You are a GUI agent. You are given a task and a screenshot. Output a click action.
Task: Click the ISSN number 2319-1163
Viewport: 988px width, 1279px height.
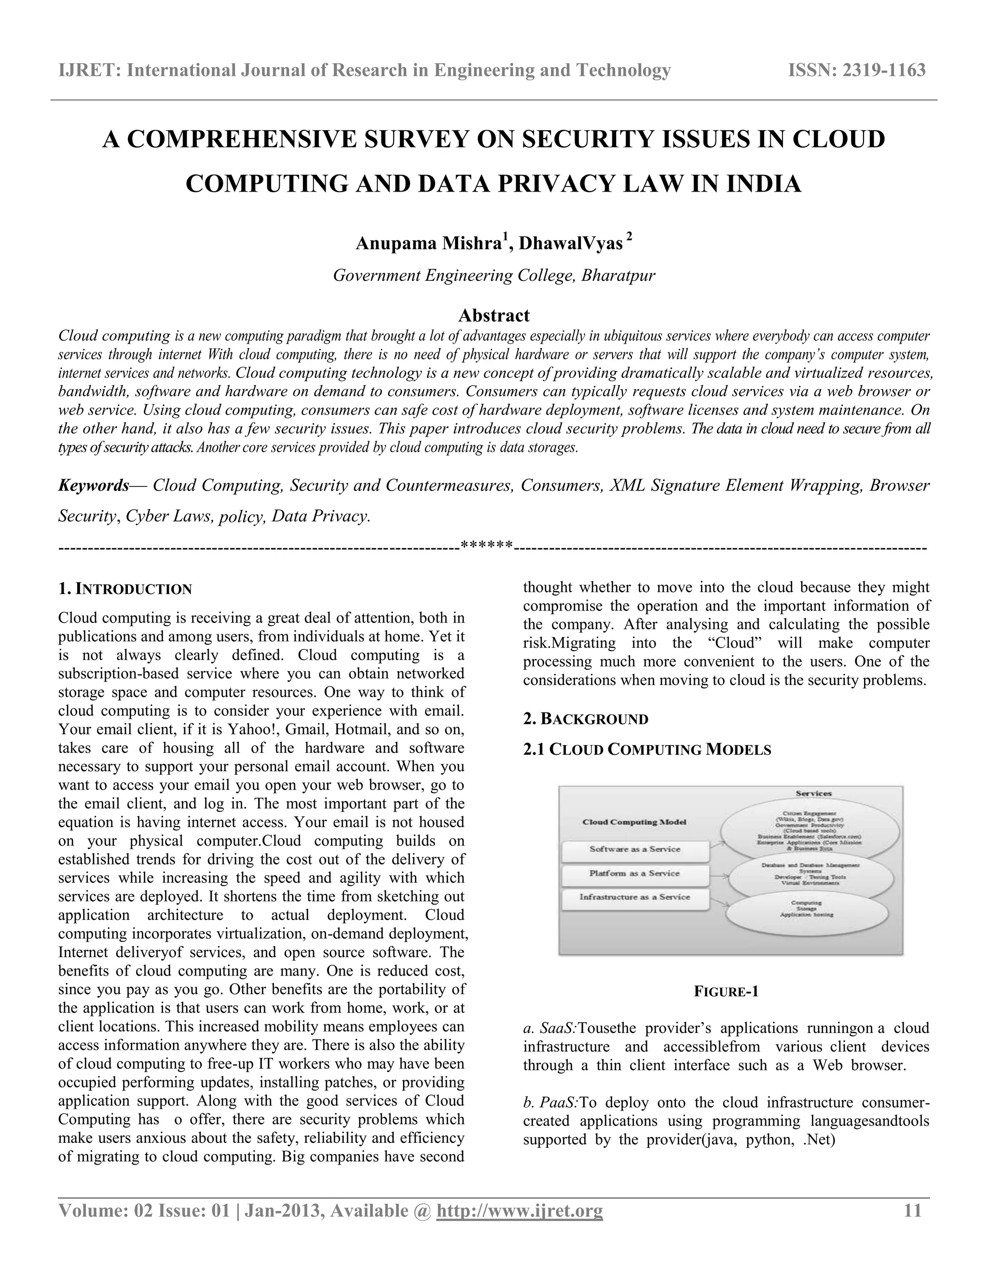pos(883,70)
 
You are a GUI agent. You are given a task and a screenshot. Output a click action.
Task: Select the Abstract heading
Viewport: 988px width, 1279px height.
pos(494,315)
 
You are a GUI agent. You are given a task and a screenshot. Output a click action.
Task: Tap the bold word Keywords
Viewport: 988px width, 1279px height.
pos(94,486)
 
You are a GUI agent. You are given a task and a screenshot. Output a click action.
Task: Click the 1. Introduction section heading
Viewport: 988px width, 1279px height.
pos(125,589)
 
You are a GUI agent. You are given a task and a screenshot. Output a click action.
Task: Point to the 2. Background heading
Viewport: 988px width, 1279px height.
pos(585,719)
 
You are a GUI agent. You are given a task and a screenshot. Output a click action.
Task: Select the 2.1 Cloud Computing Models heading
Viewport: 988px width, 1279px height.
pos(647,749)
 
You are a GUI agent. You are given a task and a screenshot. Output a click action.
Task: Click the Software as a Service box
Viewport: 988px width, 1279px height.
pos(635,849)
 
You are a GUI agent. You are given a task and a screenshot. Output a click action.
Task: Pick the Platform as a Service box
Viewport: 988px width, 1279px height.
pos(635,873)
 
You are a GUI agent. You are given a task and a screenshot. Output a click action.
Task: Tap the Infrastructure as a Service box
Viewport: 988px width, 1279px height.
pos(635,897)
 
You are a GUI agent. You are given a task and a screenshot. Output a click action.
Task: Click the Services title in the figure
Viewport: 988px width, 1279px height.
pos(813,793)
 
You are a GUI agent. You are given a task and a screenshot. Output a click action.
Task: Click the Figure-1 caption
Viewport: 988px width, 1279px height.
pos(726,991)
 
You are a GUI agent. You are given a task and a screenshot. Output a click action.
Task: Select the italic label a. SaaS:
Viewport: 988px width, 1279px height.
pos(550,1029)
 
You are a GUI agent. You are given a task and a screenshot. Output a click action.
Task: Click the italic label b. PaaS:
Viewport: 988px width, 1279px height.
pos(550,1103)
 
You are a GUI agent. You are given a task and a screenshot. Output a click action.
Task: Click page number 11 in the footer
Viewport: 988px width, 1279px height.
pos(913,1210)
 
